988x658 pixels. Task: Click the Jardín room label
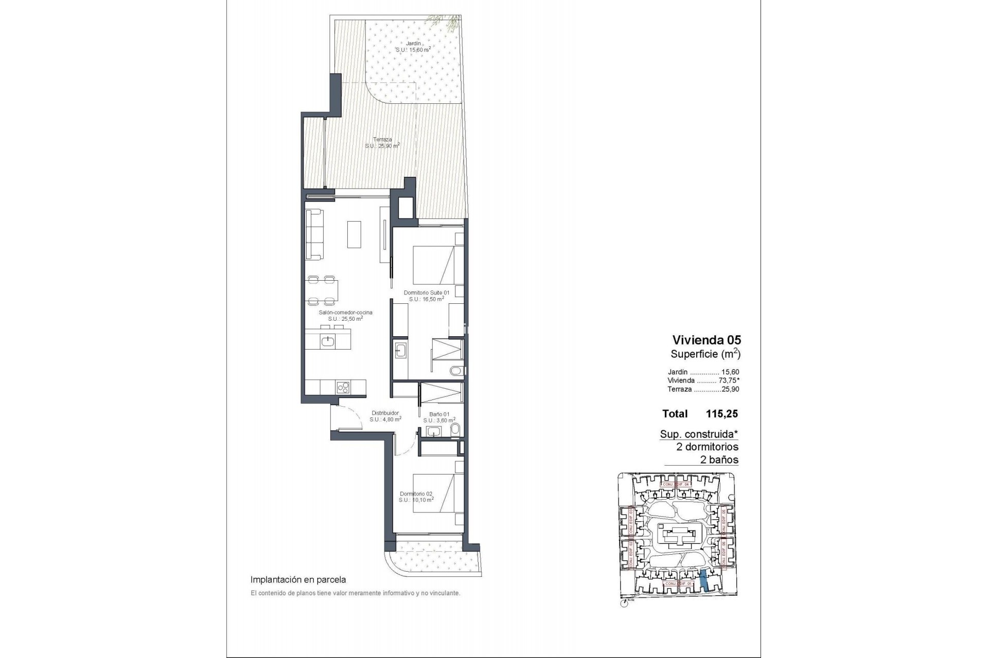(413, 44)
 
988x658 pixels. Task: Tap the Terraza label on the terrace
(382, 139)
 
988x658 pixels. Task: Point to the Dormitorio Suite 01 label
(427, 293)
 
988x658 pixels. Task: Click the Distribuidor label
(385, 413)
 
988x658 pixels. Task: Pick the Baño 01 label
(439, 414)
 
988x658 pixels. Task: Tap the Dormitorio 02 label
(416, 493)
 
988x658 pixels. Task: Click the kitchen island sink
(328, 340)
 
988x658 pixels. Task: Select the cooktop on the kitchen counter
(343, 387)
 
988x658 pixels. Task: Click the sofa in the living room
(314, 234)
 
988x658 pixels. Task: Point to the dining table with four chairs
(322, 290)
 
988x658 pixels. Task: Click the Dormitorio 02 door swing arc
(407, 445)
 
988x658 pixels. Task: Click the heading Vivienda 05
(707, 340)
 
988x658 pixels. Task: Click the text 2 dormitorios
(707, 447)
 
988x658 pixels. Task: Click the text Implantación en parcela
(298, 579)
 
